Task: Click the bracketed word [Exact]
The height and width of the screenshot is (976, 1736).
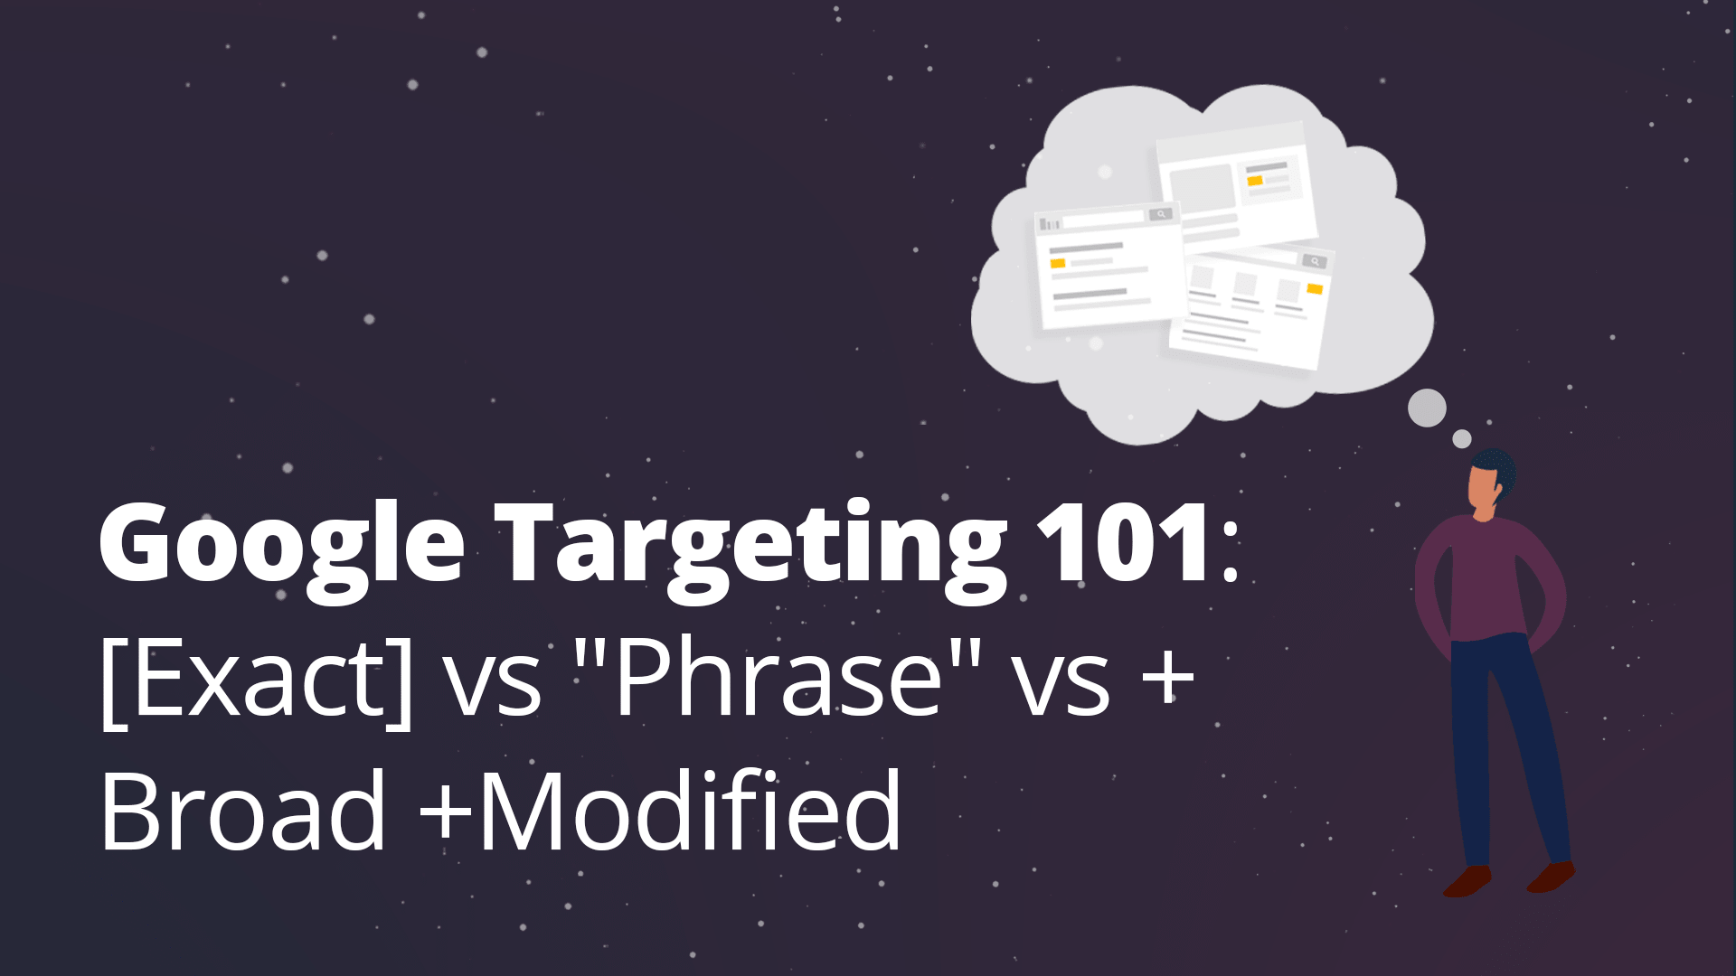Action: click(257, 678)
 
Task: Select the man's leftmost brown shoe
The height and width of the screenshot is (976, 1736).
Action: click(1467, 881)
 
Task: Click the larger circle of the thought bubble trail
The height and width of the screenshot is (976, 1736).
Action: click(1427, 408)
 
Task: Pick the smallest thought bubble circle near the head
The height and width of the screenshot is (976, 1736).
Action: click(1462, 439)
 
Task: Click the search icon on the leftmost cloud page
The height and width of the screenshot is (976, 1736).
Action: click(1161, 215)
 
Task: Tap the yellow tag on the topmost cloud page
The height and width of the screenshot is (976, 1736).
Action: click(1255, 181)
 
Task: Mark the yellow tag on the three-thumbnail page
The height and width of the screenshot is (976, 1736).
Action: click(1315, 289)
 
